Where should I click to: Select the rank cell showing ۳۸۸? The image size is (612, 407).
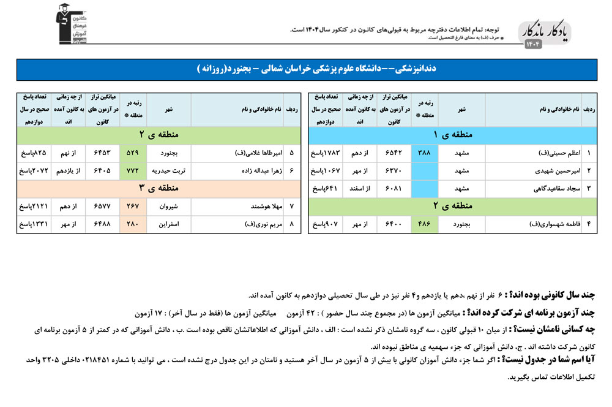(x=424, y=153)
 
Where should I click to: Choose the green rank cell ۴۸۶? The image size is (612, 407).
(x=424, y=224)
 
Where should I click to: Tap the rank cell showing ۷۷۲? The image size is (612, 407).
(x=133, y=170)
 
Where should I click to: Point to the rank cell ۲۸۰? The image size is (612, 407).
(x=133, y=225)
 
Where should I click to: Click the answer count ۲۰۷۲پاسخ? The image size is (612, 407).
(x=32, y=170)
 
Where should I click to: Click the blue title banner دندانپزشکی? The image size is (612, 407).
(x=306, y=69)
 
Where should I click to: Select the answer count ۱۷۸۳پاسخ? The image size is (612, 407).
(x=325, y=153)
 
